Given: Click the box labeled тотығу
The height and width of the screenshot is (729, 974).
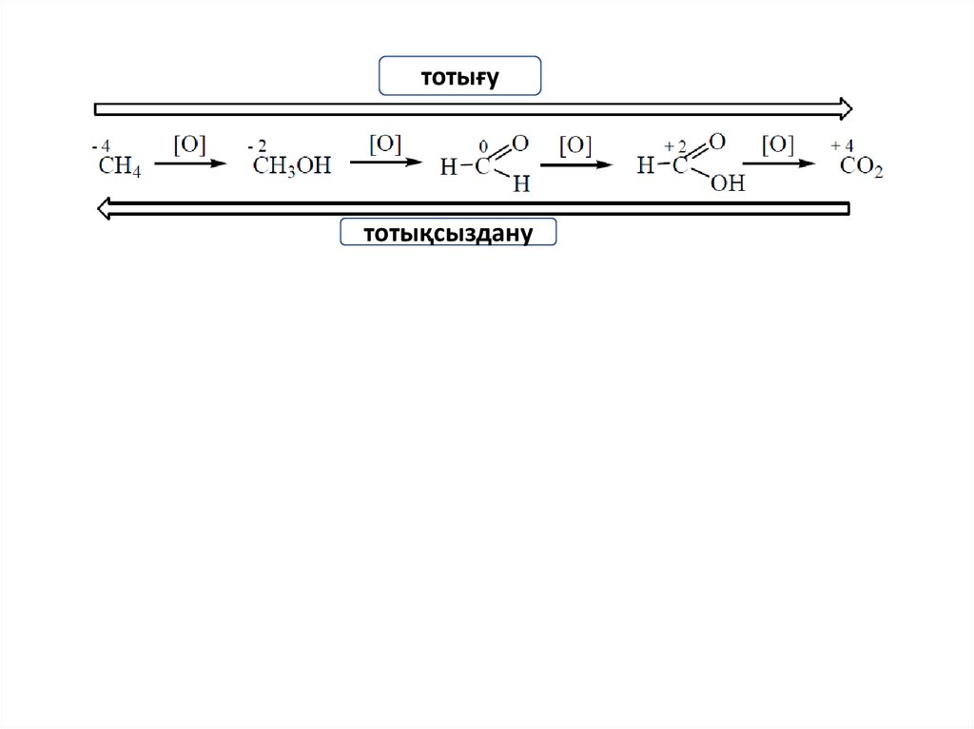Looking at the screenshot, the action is coord(459,76).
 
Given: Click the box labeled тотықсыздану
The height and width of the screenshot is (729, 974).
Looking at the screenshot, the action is coord(448,232).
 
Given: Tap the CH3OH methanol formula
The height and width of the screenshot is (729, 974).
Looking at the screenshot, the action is coord(292,166).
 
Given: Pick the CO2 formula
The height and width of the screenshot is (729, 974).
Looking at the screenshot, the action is coord(862,168).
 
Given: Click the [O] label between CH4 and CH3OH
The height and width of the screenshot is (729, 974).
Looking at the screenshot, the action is coord(188,144).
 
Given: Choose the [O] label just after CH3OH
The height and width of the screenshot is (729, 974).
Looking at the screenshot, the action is coord(385,144).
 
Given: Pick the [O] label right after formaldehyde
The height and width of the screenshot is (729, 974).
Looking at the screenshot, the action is coord(575,145).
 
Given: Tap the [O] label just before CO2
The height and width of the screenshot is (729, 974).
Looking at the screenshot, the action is coord(777,144).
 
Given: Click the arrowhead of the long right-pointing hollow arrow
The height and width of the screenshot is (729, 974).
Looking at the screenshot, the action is coord(844,108).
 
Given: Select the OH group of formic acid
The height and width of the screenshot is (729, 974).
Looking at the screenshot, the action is coord(728,183).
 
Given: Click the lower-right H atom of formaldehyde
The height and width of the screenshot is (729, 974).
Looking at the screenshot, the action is coord(520,184).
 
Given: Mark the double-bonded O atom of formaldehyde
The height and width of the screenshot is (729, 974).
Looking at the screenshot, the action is coord(519,144).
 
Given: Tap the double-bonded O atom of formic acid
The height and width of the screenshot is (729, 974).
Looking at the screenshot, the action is coord(717,142).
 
